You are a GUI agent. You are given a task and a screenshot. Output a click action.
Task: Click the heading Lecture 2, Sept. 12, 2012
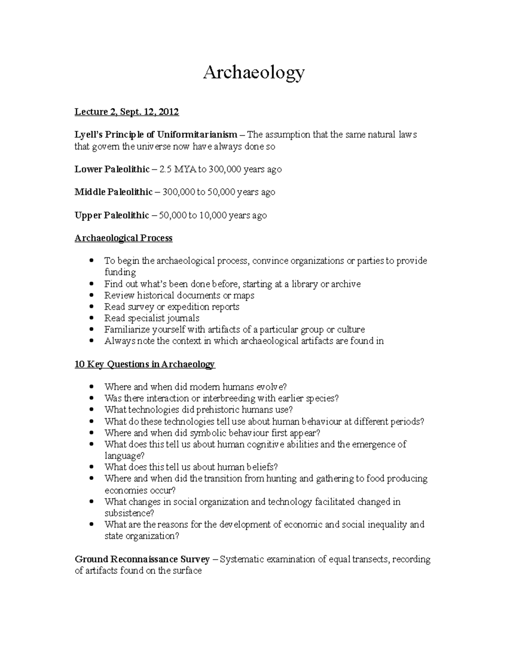127,112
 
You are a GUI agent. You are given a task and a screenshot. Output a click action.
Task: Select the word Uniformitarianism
197,135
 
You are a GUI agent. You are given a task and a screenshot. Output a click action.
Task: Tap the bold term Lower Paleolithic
112,169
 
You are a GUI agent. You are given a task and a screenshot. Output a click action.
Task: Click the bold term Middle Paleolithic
113,192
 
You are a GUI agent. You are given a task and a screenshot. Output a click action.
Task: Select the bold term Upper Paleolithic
112,215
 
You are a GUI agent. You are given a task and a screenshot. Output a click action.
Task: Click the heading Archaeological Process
124,238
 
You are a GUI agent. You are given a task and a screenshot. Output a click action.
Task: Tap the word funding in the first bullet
120,272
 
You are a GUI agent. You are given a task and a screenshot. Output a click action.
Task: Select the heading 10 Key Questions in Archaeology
145,364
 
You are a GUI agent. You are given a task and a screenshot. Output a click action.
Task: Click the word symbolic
208,433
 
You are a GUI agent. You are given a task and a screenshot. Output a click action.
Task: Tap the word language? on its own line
124,456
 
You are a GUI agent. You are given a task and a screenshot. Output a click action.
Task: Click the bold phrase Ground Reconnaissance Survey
142,559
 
